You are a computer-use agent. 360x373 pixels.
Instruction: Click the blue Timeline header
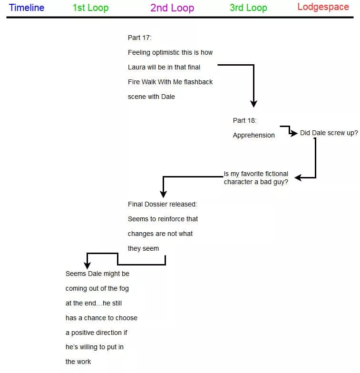click(27, 8)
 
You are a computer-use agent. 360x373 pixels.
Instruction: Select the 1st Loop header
click(90, 8)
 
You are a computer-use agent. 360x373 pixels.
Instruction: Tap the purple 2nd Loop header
click(172, 8)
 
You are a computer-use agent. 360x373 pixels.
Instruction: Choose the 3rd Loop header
click(248, 8)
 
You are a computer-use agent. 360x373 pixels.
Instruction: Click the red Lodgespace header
click(323, 7)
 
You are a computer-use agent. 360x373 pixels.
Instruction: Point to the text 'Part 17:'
click(140, 38)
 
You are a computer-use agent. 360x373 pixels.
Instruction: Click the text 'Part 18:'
click(244, 120)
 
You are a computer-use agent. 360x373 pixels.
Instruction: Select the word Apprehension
click(253, 135)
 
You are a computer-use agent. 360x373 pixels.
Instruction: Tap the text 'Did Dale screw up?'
click(329, 133)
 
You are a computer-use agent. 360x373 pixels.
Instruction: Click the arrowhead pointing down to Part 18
click(253, 103)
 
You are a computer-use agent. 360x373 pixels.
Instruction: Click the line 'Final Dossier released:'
click(162, 204)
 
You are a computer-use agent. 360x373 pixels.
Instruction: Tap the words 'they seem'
click(143, 248)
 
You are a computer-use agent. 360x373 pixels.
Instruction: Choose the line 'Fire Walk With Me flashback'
click(170, 82)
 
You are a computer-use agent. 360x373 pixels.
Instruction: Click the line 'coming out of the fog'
click(97, 288)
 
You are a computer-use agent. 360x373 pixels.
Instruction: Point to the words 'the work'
click(78, 362)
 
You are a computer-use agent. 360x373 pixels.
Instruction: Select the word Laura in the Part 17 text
click(137, 67)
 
